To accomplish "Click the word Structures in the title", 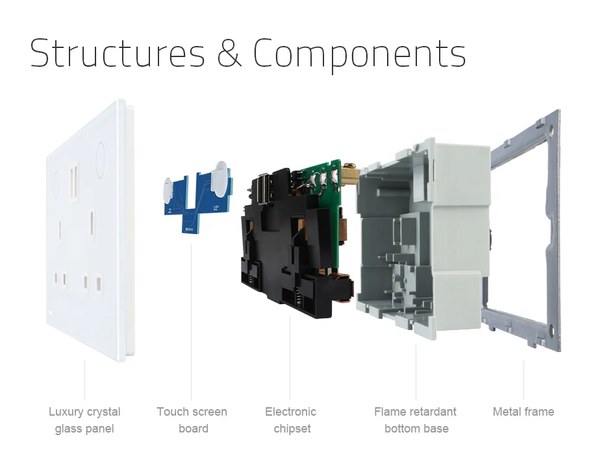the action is point(118,53).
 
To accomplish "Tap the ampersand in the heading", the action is point(229,53).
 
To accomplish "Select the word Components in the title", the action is point(359,55).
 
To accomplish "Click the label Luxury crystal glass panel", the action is point(84,420).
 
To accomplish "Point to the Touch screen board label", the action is point(192,420).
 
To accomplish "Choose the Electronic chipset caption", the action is point(291,420).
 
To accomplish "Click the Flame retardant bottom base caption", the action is point(415,420).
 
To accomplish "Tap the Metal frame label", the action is point(523,412).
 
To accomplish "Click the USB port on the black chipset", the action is point(263,188).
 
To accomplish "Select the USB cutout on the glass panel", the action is point(73,182).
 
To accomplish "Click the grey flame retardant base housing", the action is point(422,239).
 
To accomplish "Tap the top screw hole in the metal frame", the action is point(551,132).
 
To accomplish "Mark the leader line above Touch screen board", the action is point(192,322).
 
